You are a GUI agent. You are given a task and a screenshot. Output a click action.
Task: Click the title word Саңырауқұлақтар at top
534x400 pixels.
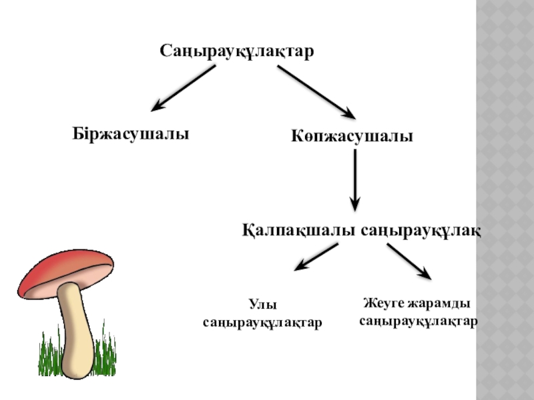(236, 51)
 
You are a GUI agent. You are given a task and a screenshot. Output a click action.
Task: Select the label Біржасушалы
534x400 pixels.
(131, 133)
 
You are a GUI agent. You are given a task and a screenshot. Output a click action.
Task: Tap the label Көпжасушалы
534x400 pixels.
(352, 137)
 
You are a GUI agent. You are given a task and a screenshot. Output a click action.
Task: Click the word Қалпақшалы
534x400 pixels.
(298, 231)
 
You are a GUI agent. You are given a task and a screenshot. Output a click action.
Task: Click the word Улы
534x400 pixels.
(262, 305)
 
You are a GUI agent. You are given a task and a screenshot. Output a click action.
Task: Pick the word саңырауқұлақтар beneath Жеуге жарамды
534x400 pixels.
(419, 321)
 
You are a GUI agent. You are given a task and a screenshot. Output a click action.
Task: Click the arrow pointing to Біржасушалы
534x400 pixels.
(183, 87)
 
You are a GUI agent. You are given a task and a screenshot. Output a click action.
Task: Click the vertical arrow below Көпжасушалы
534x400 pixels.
(355, 180)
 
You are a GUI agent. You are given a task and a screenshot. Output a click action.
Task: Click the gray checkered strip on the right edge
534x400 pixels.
(505, 200)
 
